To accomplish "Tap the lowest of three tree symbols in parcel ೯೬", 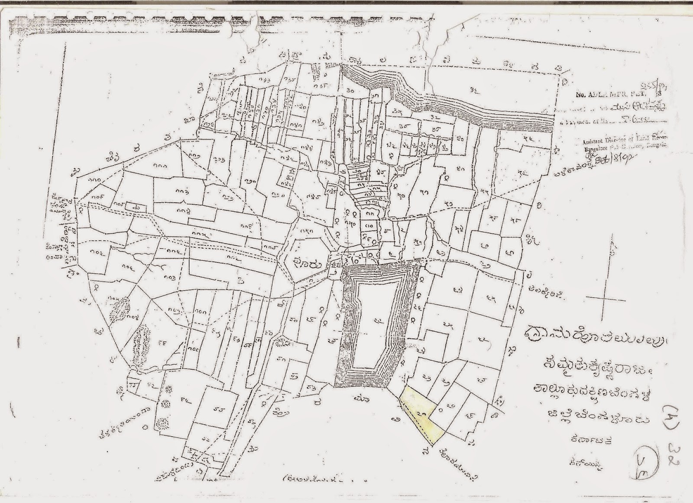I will click(162, 421).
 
